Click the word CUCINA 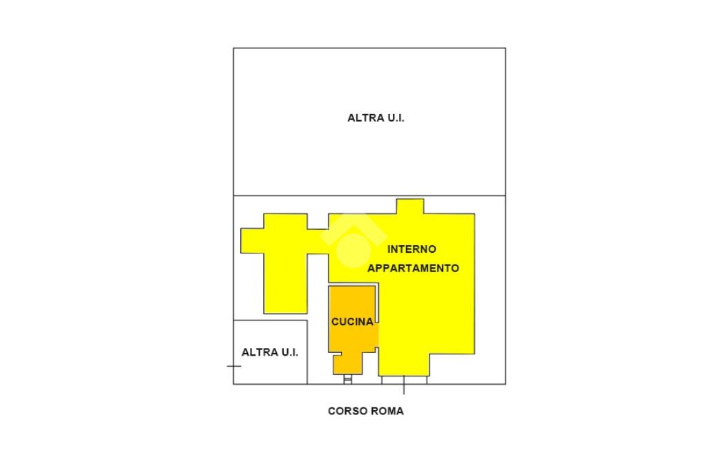352,322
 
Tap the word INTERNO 411,249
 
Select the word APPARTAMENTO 413,268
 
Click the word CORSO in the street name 345,411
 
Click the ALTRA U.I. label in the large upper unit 376,117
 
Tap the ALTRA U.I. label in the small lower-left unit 270,352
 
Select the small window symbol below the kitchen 348,379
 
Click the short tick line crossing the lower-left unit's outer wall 234,366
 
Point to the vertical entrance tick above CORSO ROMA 403,385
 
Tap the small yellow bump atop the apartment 410,206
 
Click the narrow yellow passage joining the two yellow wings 318,241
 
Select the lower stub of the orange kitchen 348,364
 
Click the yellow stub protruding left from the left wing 252,240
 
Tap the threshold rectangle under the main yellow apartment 405,380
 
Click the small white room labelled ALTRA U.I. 270,352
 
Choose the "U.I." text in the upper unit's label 396,117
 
